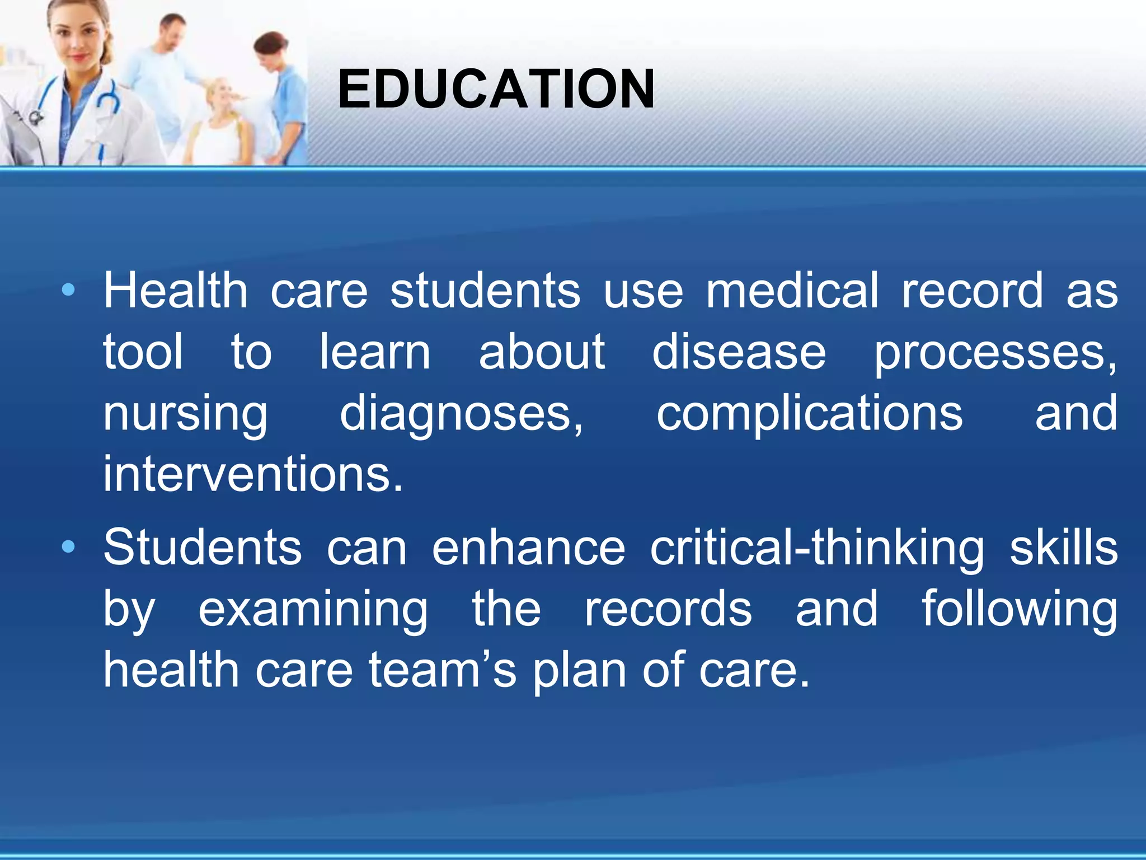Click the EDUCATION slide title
pos(496,90)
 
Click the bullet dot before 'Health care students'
pos(68,290)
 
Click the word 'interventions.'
pos(253,475)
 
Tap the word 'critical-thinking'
pos(817,549)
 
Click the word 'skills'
pos(1063,548)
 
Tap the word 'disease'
pos(739,353)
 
